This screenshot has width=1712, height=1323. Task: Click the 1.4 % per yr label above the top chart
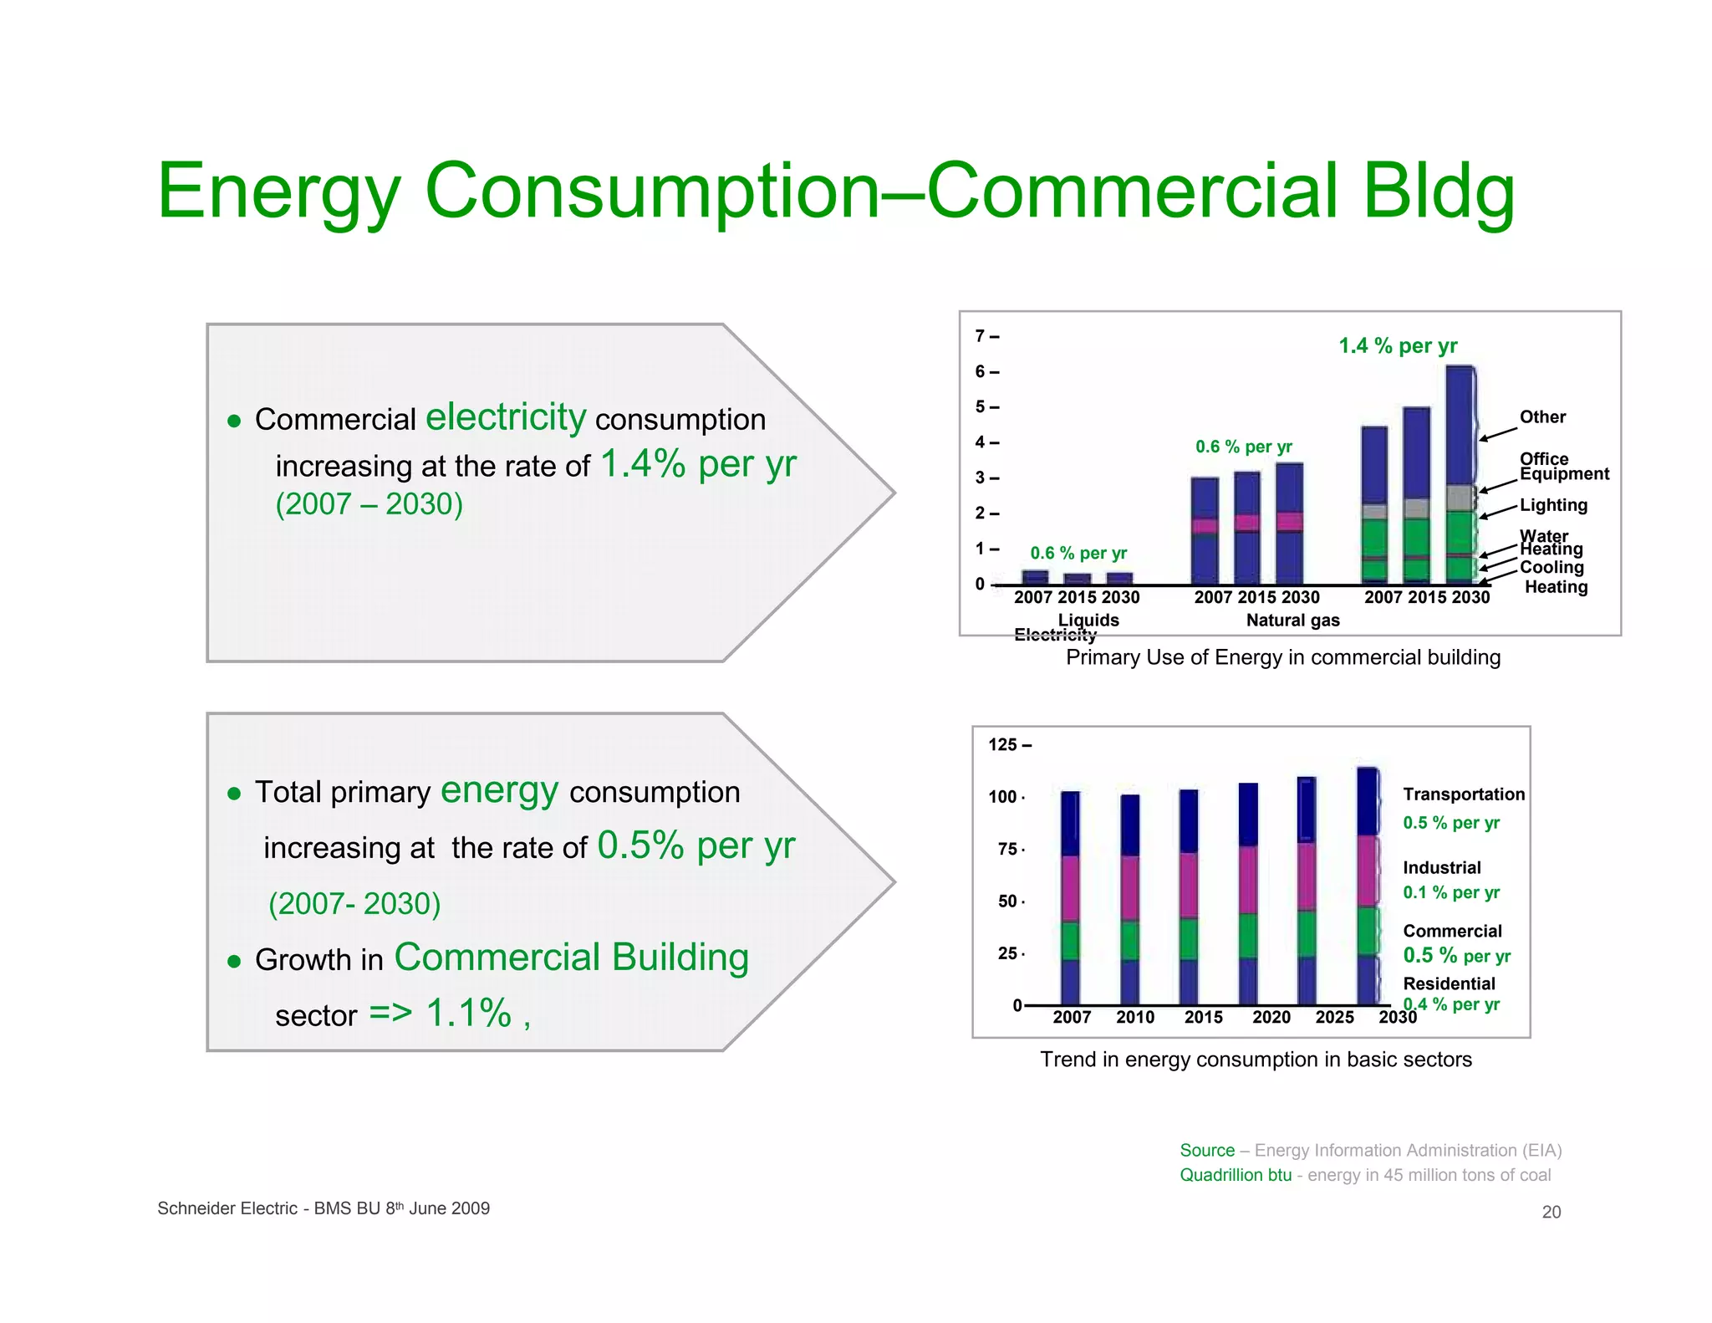point(1398,345)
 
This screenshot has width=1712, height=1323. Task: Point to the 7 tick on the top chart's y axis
point(981,336)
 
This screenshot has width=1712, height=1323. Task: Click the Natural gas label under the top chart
point(1292,621)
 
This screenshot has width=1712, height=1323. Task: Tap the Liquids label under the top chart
point(1088,620)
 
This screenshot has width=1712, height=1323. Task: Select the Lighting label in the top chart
point(1553,505)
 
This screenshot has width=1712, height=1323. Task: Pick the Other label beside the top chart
point(1542,416)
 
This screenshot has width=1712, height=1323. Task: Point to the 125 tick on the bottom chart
point(1003,744)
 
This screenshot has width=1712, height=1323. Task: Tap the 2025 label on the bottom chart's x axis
point(1334,1017)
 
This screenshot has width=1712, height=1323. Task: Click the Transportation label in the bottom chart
point(1463,794)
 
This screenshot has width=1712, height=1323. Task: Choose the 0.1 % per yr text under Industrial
point(1451,892)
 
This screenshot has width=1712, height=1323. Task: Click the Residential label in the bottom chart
point(1449,983)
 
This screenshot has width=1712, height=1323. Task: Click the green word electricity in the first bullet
point(506,416)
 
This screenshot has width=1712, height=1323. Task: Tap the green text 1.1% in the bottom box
point(468,1013)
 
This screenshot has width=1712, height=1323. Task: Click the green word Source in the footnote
point(1207,1151)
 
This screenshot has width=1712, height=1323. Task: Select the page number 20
point(1551,1212)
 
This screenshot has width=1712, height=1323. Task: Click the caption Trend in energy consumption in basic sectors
point(1256,1060)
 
